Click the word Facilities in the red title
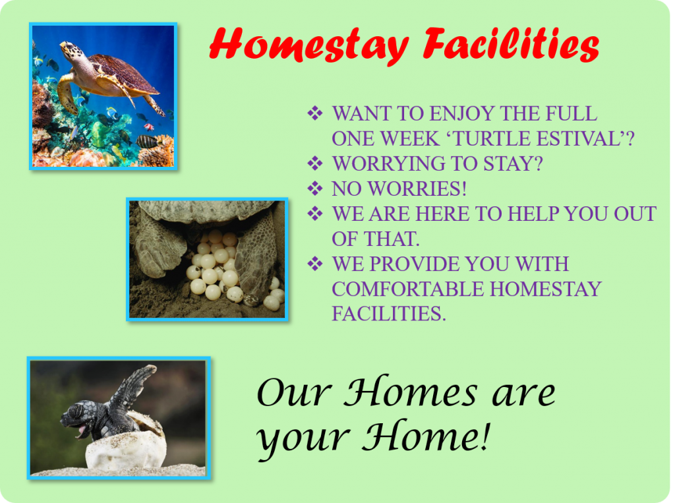point(511,44)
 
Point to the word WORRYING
point(383,163)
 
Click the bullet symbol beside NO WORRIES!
point(315,188)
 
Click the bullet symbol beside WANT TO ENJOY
point(315,113)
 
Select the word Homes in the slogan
point(411,391)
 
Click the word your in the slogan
point(303,438)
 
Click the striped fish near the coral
point(147,141)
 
